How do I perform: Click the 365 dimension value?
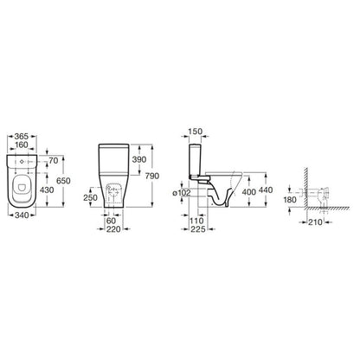22,136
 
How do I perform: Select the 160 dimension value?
22,145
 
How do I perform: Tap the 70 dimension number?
54,161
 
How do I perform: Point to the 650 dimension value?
63,181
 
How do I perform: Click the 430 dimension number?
47,190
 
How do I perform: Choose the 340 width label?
22,215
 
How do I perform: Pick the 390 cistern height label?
139,159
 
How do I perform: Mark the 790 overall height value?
152,176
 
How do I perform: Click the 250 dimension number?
91,197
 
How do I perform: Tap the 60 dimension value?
111,221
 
